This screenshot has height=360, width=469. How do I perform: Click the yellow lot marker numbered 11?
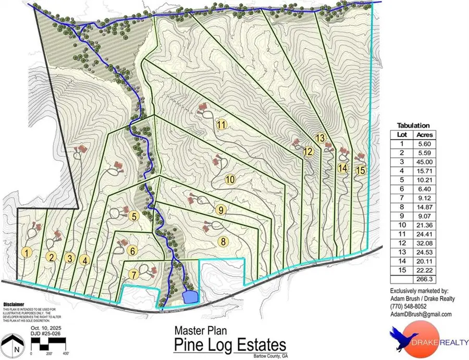(x=222, y=125)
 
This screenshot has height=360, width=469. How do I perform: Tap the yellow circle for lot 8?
(x=223, y=241)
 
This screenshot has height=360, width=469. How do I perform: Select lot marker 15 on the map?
(x=361, y=170)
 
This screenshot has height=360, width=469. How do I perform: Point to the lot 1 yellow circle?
(x=28, y=253)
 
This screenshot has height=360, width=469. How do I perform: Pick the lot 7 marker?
(x=134, y=274)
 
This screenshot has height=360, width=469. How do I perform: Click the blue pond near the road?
(x=190, y=296)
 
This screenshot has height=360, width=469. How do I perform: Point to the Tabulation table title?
(x=413, y=126)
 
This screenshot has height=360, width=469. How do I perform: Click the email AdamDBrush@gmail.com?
(x=419, y=315)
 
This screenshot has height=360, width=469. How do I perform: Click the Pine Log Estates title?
(x=230, y=345)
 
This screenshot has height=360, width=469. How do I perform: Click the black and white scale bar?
(x=51, y=344)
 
